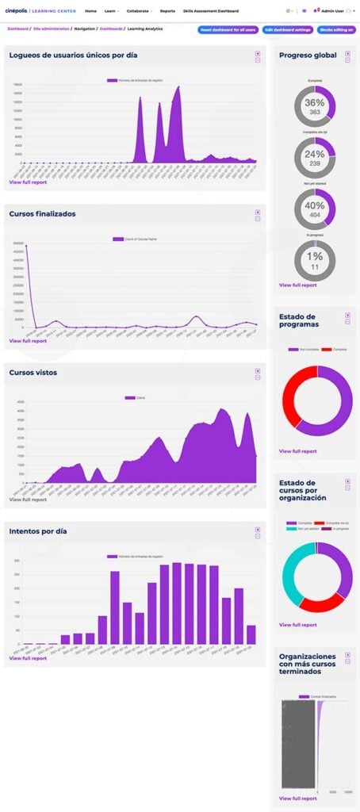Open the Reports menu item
coord(167,11)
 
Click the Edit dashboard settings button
coord(287,29)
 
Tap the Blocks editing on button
coord(336,29)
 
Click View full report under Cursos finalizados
coord(28,341)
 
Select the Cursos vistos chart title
coord(33,372)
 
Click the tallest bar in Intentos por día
coord(177,603)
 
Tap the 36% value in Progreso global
coord(315,103)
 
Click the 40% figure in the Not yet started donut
coord(315,205)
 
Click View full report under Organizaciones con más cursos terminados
coord(298,797)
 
